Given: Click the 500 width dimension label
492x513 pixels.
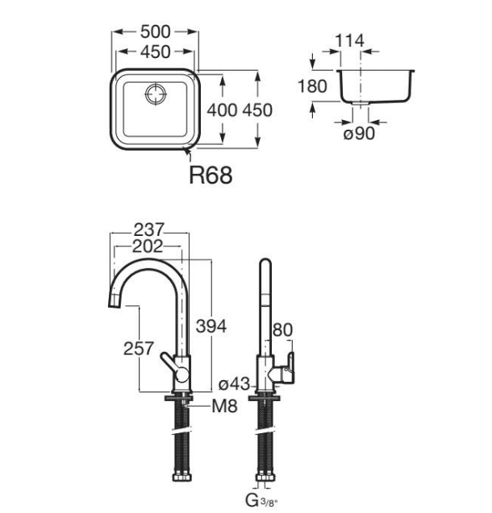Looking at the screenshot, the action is point(156,31).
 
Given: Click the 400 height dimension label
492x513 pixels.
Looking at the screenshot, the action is point(222,110).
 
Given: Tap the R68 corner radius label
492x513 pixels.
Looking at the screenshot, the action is point(211,175).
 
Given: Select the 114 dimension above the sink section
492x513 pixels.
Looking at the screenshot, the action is point(349,40).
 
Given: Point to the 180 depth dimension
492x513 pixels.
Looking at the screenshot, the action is point(312,86).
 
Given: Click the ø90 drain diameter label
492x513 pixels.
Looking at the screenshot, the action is point(359,134).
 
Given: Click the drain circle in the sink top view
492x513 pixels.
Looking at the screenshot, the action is point(156,94).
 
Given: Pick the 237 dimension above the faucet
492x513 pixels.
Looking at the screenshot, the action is point(148,230).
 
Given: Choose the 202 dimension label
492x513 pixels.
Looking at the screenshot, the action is point(148,246).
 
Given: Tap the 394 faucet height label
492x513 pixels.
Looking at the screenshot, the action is point(211,326).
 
